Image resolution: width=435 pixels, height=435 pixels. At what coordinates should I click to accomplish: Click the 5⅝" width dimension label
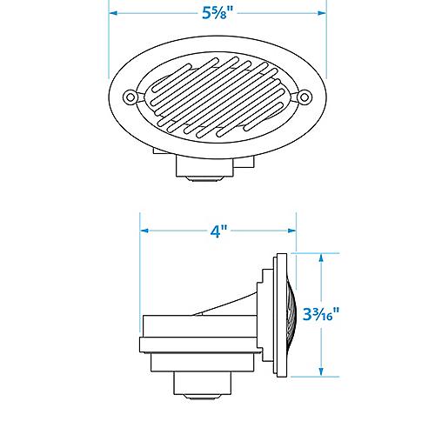pyautogui.click(x=217, y=14)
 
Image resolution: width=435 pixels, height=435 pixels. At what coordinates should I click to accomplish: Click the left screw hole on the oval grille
pyautogui.click(x=130, y=96)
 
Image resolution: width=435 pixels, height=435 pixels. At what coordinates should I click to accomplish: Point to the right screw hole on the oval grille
pyautogui.click(x=305, y=96)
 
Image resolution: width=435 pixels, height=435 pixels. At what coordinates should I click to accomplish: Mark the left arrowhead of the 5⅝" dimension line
pyautogui.click(x=113, y=14)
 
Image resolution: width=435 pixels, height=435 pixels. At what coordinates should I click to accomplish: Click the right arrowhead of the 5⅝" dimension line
pyautogui.click(x=322, y=14)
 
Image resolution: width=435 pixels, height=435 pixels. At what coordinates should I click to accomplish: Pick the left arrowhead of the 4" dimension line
pyautogui.click(x=145, y=231)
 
